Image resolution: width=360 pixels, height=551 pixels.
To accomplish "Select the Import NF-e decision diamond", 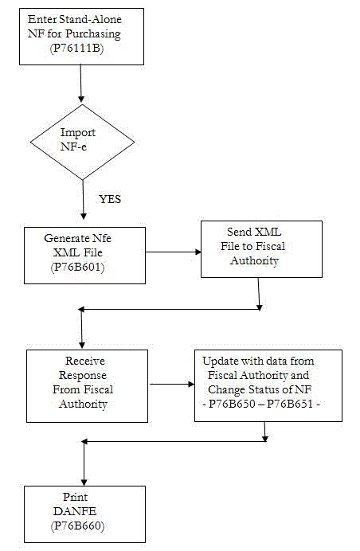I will point(83,141).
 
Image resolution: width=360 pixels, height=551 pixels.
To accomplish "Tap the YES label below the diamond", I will point(109,199).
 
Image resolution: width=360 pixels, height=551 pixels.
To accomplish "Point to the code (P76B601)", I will point(76,267).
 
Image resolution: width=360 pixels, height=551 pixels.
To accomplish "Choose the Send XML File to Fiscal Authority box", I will point(261,248).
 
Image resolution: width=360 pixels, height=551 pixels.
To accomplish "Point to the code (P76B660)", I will point(77,526).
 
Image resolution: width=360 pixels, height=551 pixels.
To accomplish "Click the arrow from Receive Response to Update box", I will point(172,383).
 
